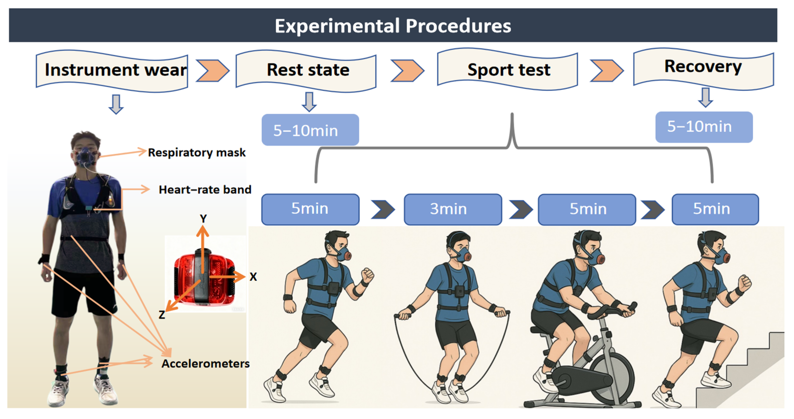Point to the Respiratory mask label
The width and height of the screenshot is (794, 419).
coord(196,152)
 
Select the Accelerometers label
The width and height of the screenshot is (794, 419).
coord(205,363)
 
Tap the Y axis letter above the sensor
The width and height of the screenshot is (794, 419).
coord(203,218)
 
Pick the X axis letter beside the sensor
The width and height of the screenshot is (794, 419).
coord(253,277)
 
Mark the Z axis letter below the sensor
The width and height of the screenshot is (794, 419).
coord(162,315)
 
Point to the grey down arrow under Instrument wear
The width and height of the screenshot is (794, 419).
coord(116,104)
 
